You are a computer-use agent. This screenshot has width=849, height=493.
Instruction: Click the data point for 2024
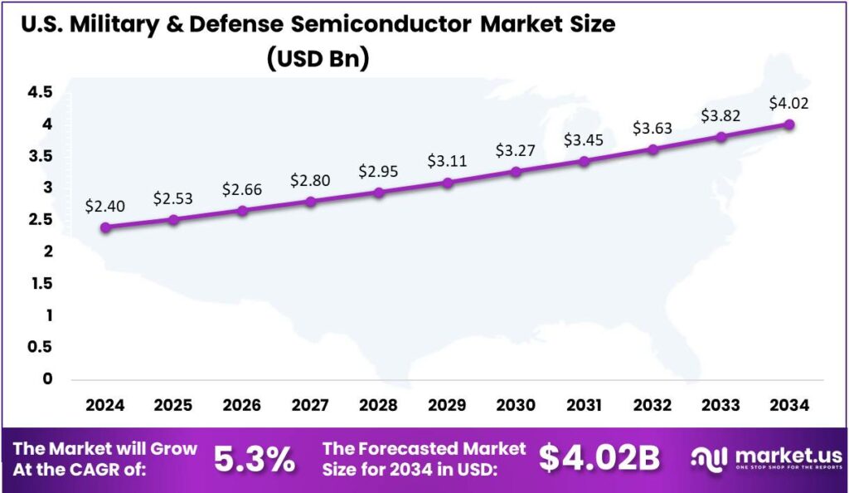105,227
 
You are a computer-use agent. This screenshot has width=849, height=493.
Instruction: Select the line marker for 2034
789,124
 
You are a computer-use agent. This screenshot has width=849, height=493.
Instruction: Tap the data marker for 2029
448,182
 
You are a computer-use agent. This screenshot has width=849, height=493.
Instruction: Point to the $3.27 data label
516,151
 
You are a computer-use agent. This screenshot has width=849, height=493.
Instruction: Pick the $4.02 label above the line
788,104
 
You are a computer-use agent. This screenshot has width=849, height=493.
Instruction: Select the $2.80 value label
310,179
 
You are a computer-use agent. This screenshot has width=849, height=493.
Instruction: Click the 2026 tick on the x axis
241,405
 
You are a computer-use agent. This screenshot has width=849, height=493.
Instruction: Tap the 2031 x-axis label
584,405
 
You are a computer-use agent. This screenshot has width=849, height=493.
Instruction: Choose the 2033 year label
720,405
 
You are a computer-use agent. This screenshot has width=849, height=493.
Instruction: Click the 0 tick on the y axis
47,379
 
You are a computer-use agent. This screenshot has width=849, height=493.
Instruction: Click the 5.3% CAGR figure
255,459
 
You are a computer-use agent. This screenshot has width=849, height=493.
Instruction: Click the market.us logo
768,458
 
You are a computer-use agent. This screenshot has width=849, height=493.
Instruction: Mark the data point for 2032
653,149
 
